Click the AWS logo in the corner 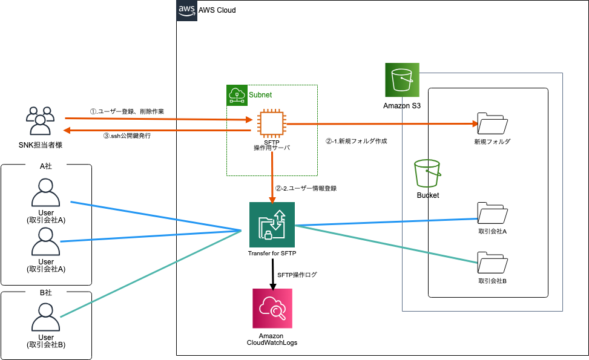click(186, 10)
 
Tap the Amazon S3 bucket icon click(402, 80)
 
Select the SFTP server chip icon click(270, 122)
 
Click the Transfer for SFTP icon click(272, 224)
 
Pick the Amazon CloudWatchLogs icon click(272, 308)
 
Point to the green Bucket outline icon click(427, 174)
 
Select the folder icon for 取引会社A click(492, 213)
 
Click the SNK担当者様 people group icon click(40, 121)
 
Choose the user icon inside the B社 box click(46, 317)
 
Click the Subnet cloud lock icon click(237, 94)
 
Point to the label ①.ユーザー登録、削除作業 click(127, 111)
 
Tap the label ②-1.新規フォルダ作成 click(356, 141)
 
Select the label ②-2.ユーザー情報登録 click(306, 188)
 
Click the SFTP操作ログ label click(297, 275)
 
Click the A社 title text click(46, 165)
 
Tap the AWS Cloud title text click(217, 10)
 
